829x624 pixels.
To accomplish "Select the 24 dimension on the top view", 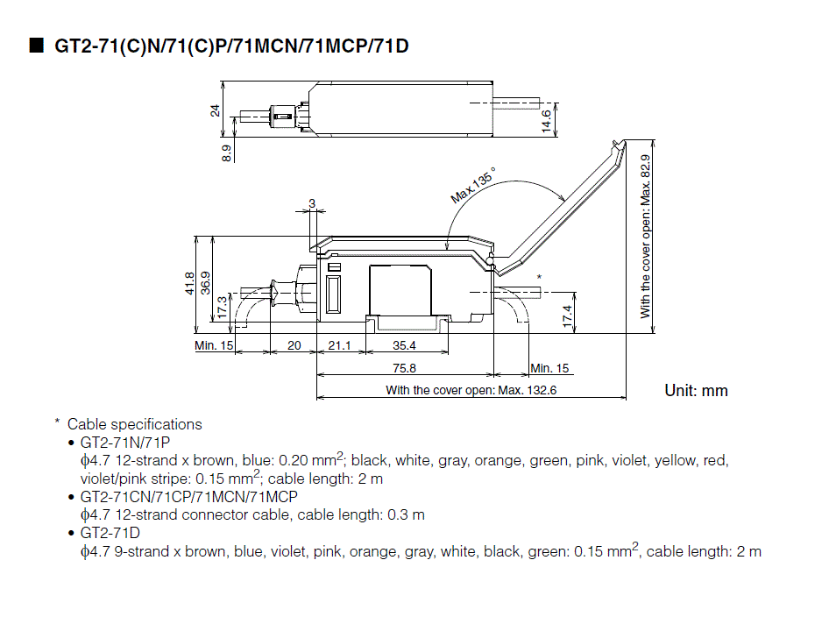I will (216, 110).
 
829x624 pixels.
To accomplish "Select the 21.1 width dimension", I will (339, 346).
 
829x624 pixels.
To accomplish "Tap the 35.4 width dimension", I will (404, 346).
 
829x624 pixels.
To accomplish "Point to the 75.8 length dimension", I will (404, 368).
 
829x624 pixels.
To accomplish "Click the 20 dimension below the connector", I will (294, 346).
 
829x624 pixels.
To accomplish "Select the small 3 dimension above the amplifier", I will (311, 203).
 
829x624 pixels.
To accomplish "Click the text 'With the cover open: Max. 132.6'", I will (471, 390).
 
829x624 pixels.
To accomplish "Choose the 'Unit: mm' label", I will (696, 390).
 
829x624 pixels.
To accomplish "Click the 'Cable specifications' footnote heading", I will (134, 424).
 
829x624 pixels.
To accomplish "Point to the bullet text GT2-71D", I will (110, 533).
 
